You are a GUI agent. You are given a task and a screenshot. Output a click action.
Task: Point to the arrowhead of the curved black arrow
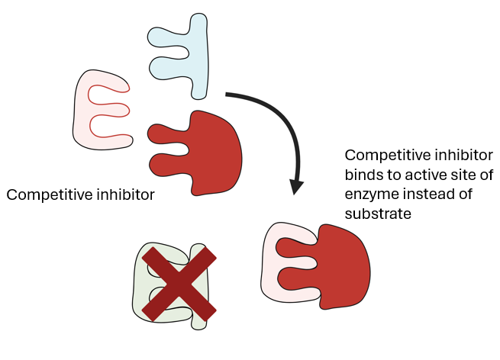pyautogui.click(x=296, y=188)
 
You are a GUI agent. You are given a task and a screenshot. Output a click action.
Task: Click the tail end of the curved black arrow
pyautogui.click(x=226, y=94)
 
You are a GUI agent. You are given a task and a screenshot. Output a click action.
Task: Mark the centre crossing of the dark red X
pyautogui.click(x=179, y=284)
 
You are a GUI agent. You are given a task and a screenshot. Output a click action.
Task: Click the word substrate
pyautogui.click(x=378, y=214)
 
